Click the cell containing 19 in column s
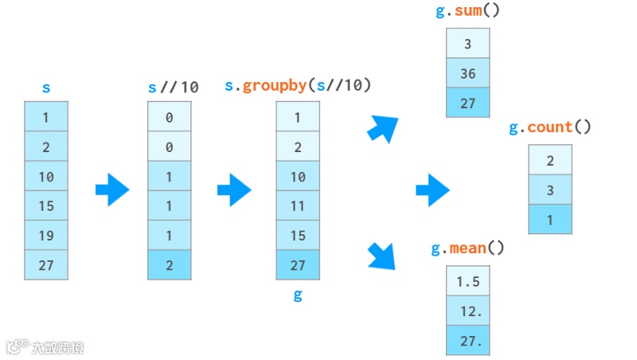coord(46,235)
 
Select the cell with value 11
coord(298,205)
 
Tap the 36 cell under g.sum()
coord(467,73)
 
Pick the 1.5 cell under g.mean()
coord(467,281)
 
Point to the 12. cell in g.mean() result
coord(467,311)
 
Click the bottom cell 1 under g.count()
coord(549,219)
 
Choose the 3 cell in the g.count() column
coord(549,190)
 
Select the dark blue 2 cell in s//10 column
coord(170,264)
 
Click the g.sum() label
coord(467,11)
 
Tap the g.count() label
coord(549,127)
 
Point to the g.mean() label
coord(467,248)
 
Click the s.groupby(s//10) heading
coord(298,85)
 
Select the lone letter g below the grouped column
coord(298,295)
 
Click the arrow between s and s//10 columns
coord(112,190)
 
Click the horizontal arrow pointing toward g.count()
coord(432,190)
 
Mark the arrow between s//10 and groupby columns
coord(234,190)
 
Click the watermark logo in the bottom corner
coord(45,346)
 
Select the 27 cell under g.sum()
coord(467,103)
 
